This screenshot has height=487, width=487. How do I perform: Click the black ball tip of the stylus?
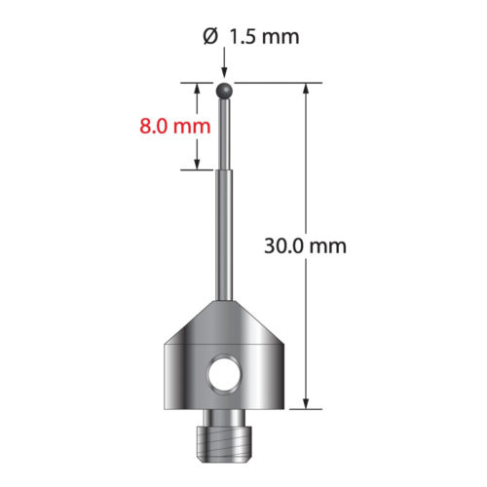(x=225, y=92)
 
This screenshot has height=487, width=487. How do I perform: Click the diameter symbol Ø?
(x=209, y=37)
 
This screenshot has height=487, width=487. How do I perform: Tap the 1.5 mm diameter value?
(x=262, y=37)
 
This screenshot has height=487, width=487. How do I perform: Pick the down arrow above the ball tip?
(x=225, y=70)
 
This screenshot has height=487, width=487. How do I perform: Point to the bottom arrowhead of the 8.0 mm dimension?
(x=198, y=163)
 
